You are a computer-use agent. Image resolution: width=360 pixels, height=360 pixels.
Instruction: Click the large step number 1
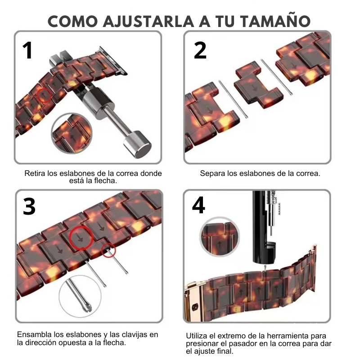click(27, 50)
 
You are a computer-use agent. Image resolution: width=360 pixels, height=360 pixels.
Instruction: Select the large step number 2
click(200, 50)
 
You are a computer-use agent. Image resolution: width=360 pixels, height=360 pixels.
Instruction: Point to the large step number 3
click(29, 207)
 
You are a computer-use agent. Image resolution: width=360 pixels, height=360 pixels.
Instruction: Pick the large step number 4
click(198, 205)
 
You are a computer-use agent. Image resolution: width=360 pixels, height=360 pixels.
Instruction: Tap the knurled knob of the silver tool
click(137, 144)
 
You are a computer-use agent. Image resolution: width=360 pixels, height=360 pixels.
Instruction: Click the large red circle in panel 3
click(81, 238)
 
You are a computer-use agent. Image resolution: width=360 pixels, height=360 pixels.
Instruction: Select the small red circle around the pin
click(108, 250)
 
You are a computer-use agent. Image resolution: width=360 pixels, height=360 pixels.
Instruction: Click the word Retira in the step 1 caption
click(35, 173)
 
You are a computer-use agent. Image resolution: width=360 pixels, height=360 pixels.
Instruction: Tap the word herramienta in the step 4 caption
click(288, 336)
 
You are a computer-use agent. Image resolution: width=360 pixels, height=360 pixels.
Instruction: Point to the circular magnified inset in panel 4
click(220, 237)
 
